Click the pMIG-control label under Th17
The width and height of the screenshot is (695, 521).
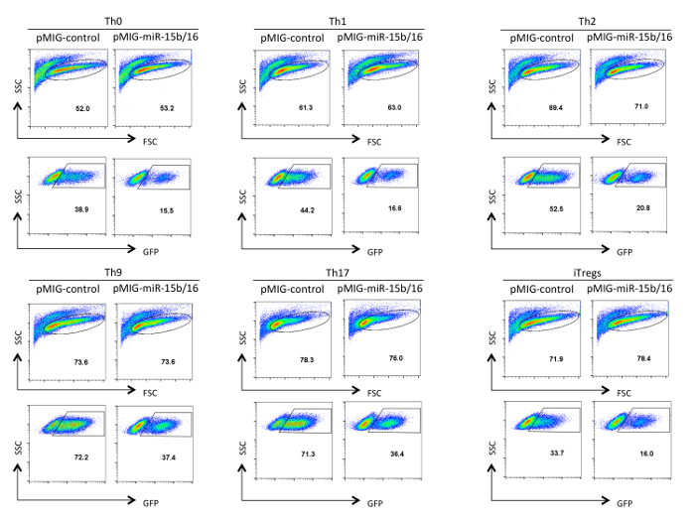pos(292,289)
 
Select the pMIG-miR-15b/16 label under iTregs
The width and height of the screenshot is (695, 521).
pos(630,289)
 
